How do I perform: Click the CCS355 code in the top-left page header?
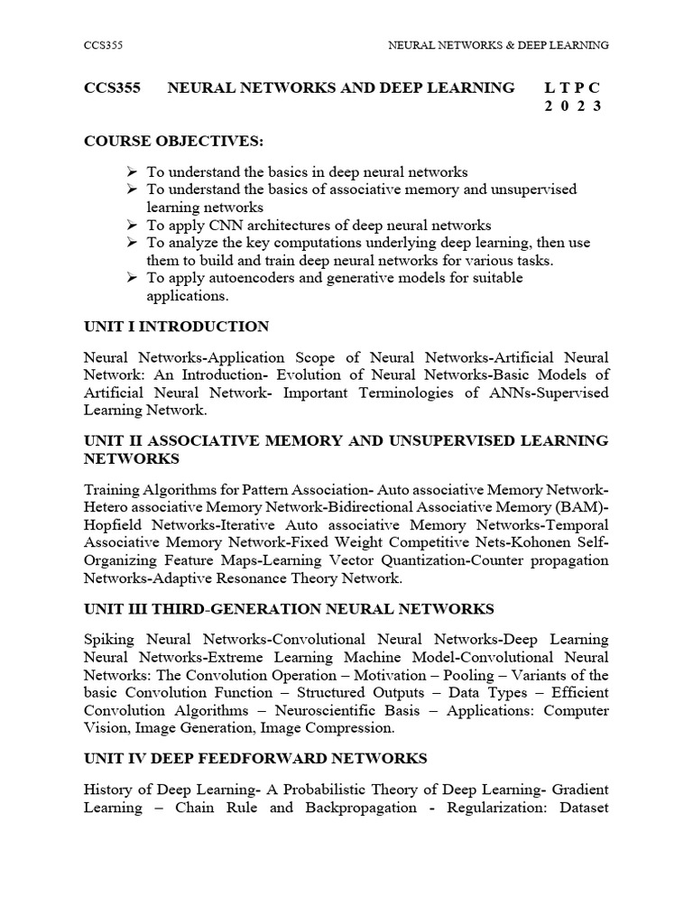pos(101,44)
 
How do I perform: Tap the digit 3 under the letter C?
pos(596,106)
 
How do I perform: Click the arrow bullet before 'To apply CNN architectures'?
pos(132,225)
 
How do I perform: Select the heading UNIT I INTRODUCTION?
pos(176,327)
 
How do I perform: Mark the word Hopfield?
pos(114,525)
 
